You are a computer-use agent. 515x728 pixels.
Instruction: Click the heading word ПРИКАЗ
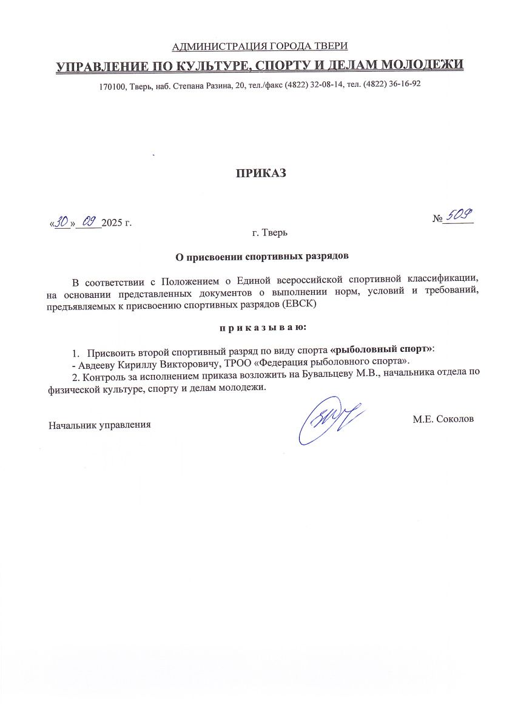[260, 174]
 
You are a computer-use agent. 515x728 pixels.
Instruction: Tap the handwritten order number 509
[459, 215]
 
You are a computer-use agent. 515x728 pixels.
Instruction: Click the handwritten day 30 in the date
[61, 222]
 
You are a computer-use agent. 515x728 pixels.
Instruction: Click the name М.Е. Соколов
[443, 418]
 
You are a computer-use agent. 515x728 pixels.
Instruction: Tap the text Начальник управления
[99, 425]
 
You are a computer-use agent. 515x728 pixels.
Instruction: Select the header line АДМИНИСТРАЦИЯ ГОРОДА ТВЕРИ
[260, 47]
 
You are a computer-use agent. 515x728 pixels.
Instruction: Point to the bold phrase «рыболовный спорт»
[382, 350]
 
